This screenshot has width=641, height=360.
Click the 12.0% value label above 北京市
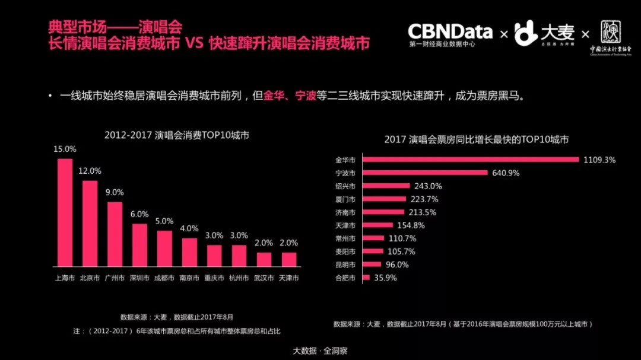pyautogui.click(x=90, y=171)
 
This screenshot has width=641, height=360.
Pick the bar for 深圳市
pyautogui.click(x=139, y=245)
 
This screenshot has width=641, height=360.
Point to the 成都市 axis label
pyautogui.click(x=164, y=278)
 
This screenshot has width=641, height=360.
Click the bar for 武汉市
pyautogui.click(x=264, y=259)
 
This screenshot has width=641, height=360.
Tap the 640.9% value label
pyautogui.click(x=506, y=173)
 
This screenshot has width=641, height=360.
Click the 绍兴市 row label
pyautogui.click(x=345, y=186)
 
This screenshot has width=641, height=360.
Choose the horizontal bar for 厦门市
pyautogui.click(x=385, y=199)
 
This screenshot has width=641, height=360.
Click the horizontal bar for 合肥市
pyautogui.click(x=366, y=278)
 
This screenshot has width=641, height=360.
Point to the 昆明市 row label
pyautogui.click(x=345, y=265)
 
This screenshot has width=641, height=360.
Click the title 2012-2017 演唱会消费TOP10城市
pyautogui.click(x=177, y=135)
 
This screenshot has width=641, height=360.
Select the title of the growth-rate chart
pyautogui.click(x=477, y=140)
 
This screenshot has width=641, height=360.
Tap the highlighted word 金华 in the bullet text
pyautogui.click(x=274, y=96)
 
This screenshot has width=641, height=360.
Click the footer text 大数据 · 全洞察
pyautogui.click(x=320, y=351)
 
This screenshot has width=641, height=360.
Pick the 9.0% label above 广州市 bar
pyautogui.click(x=115, y=192)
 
